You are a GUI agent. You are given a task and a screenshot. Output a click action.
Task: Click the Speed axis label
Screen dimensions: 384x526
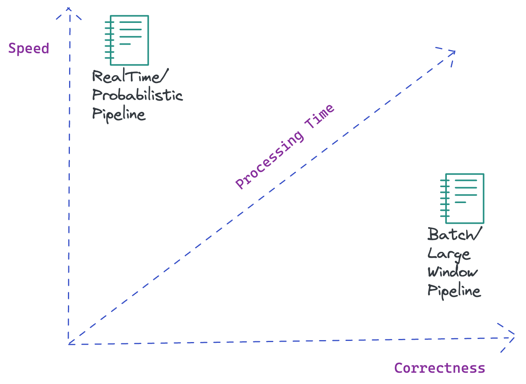coord(29,49)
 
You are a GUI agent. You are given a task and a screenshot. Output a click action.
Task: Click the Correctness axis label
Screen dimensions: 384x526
coord(439,368)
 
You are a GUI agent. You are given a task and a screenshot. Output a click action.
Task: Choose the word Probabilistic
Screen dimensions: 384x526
coord(137,95)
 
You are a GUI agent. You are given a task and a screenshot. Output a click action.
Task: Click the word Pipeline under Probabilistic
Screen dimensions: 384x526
coord(119,115)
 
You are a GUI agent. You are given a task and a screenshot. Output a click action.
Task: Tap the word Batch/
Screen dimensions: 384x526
coord(455,235)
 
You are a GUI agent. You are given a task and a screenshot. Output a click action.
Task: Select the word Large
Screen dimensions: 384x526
coord(449,254)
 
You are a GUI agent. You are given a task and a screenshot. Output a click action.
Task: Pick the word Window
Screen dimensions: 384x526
coord(453,272)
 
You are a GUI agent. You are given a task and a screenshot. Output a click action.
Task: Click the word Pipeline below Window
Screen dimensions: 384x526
coord(454,291)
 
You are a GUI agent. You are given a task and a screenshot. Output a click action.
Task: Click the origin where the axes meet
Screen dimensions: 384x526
coord(69,344)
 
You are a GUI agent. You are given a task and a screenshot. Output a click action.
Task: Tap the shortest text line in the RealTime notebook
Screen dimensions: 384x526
coord(125,44)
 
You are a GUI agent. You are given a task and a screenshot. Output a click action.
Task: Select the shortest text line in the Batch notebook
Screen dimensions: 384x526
coord(460,202)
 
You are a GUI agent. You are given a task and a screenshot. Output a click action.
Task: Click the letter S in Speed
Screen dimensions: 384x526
coord(12,49)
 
